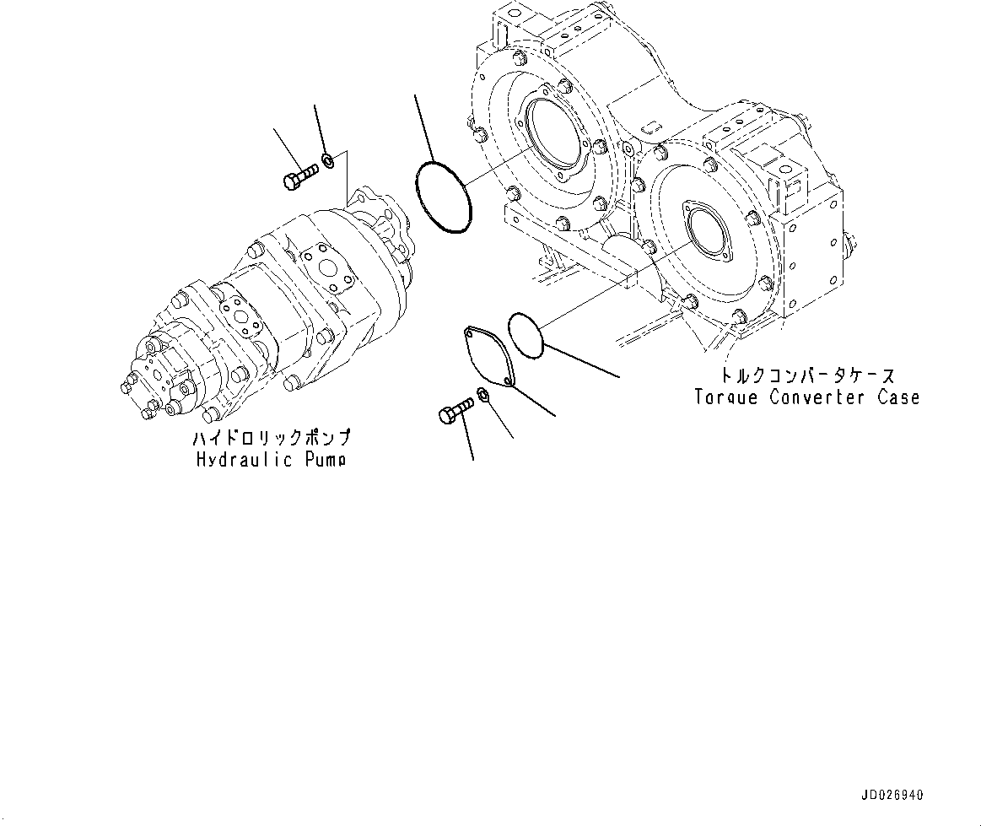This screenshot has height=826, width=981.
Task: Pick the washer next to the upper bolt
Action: point(328,158)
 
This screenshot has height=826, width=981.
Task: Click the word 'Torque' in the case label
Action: point(725,397)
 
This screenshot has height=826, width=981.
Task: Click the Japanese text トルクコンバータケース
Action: point(797,375)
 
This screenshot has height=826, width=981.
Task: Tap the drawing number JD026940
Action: point(892,795)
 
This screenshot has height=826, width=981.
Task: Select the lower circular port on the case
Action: point(707,228)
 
